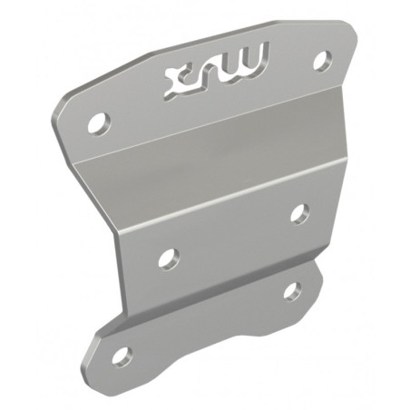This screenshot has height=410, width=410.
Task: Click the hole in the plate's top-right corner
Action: pyautogui.click(x=322, y=61)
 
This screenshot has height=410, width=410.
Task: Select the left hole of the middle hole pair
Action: pyautogui.click(x=168, y=259)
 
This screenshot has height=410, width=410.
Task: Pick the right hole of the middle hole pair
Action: pyautogui.click(x=299, y=213)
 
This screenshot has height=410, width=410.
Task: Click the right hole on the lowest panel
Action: pyautogui.click(x=292, y=291)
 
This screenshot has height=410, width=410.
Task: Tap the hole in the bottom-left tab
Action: pyautogui.click(x=122, y=355)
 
